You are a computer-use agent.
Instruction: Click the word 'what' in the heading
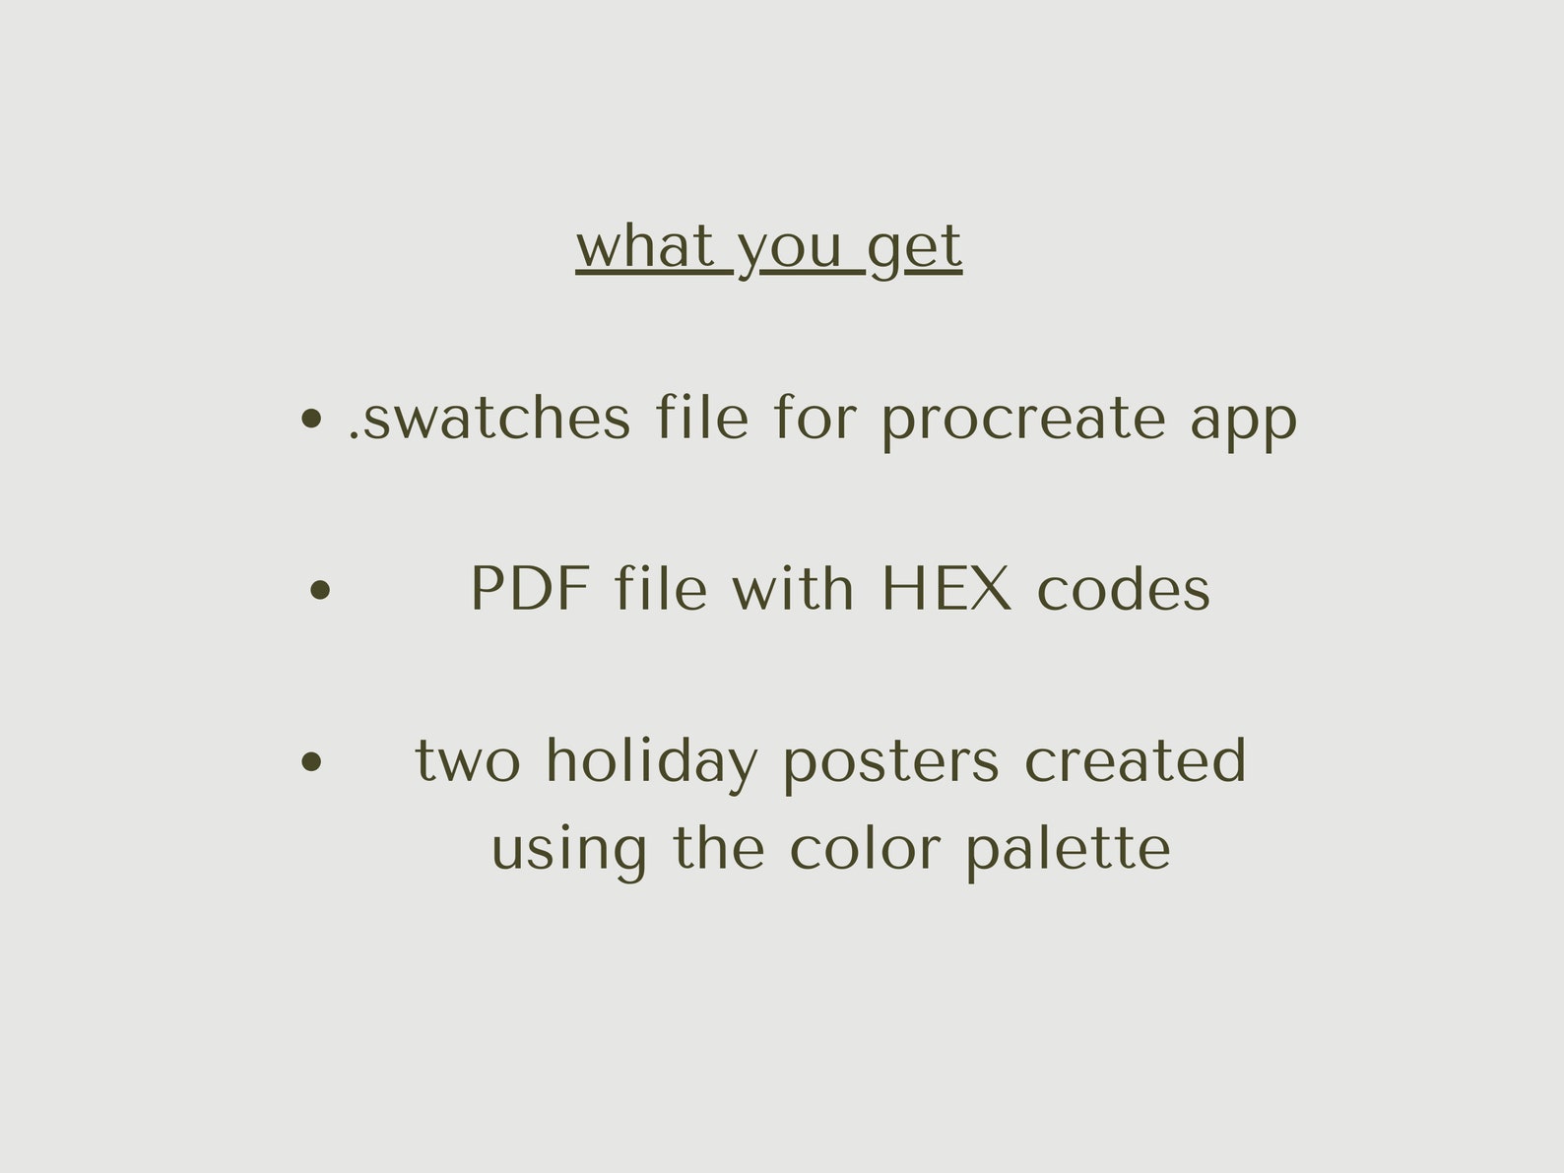click(644, 246)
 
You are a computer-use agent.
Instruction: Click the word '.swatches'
click(489, 418)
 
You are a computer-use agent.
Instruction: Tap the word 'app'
click(1243, 422)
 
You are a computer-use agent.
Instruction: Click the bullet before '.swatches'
click(311, 420)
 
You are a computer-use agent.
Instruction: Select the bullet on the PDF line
click(319, 590)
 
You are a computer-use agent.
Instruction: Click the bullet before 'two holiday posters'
click(311, 761)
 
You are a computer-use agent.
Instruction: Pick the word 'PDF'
click(530, 589)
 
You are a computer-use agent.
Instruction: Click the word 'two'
click(468, 761)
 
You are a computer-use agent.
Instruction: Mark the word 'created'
click(1135, 761)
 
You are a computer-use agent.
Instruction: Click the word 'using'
click(568, 850)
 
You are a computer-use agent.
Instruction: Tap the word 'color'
click(865, 848)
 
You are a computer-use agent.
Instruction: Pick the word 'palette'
click(1068, 850)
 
